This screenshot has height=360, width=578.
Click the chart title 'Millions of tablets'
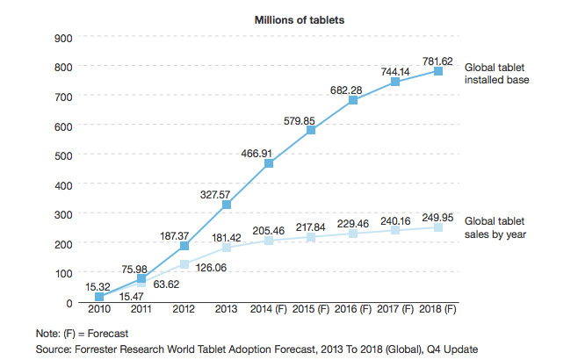click(x=298, y=19)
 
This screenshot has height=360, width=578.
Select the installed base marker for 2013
click(x=227, y=205)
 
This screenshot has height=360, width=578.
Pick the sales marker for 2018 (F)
click(x=437, y=227)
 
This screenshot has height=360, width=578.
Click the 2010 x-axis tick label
click(x=98, y=310)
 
